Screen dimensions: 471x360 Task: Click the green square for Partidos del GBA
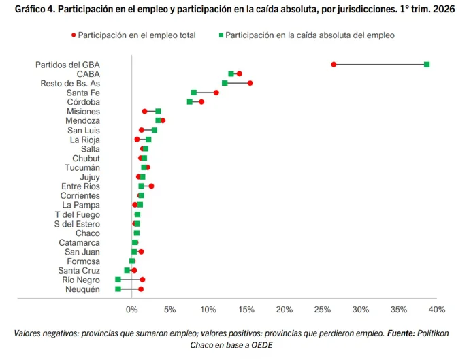click(x=427, y=65)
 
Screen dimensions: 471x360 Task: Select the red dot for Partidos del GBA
click(x=334, y=65)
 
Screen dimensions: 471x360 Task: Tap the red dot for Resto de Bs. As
click(x=250, y=83)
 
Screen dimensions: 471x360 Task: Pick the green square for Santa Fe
click(x=194, y=93)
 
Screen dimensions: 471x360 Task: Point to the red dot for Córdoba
click(x=201, y=102)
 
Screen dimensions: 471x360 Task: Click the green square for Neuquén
click(x=118, y=289)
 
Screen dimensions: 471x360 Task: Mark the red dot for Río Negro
click(x=142, y=280)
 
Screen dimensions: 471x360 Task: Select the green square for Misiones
click(x=158, y=112)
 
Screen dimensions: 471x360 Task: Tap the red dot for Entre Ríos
click(x=151, y=186)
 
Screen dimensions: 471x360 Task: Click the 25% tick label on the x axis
click(x=323, y=310)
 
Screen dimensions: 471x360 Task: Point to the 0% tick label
click(x=131, y=310)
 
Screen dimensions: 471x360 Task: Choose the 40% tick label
click(x=437, y=310)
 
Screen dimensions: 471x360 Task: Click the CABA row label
click(x=88, y=74)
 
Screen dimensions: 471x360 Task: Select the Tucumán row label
click(x=82, y=167)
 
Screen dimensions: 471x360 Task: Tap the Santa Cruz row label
click(x=79, y=271)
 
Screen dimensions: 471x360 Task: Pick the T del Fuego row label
click(x=78, y=214)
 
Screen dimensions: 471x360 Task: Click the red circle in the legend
click(x=74, y=35)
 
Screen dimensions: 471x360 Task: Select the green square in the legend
click(x=221, y=35)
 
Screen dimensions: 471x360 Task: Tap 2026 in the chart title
click(x=444, y=9)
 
